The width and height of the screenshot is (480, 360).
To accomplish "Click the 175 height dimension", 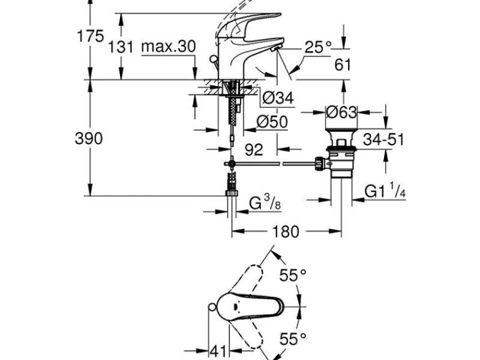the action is pos(91,36).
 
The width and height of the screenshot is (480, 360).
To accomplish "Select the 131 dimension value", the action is pos(121,47).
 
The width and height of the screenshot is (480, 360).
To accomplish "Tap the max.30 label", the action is pos(169,47).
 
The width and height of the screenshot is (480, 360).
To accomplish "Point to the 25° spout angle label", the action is pos(318,47).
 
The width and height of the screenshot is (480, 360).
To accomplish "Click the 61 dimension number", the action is pos(343,65).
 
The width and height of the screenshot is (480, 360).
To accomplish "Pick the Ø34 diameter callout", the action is pos(278,98).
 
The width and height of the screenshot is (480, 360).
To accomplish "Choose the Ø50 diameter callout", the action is pos(272,122).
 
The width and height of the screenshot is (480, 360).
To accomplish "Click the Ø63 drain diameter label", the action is pos(341,112).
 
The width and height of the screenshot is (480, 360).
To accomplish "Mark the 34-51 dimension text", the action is pos(383,139).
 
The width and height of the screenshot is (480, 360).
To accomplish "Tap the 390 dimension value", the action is pos(89,139).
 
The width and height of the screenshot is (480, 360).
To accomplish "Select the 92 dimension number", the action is pos(254,149).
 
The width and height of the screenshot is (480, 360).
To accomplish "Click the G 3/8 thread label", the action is pos(265,202).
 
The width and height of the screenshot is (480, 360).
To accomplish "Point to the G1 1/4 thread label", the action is pos(385,190).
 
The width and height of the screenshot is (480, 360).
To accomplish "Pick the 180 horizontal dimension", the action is pos(285,232).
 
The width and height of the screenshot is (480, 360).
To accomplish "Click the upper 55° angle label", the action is pos(293,275).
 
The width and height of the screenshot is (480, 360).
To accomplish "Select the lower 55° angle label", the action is pos(293,339).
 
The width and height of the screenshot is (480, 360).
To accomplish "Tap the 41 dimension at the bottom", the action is pos(218,351).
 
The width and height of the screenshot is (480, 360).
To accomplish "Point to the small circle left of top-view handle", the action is pos(212,307).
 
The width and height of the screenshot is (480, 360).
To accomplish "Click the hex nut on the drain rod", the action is pos(319,163).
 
